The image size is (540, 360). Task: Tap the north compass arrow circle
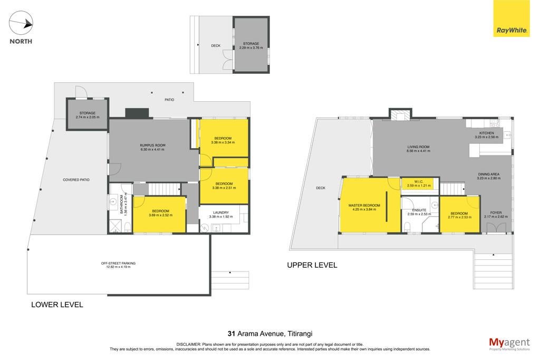(21, 23)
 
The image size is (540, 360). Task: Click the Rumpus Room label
(152, 145)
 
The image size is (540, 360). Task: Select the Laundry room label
(221, 213)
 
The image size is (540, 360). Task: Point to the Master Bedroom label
(364, 206)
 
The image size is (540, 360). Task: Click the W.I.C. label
(419, 181)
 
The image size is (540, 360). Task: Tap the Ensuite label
(419, 210)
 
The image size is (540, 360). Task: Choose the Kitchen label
(487, 133)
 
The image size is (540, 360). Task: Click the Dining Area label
(489, 174)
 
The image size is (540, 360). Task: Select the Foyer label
(496, 213)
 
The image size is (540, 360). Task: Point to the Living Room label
(418, 147)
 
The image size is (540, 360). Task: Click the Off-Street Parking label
(118, 264)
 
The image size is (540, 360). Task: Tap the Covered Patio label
(76, 180)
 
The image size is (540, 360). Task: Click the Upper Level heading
(312, 265)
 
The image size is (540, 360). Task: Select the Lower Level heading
(57, 305)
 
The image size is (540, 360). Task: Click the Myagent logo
(509, 344)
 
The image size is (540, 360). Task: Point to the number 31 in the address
(231, 334)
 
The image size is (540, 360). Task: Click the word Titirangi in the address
(300, 334)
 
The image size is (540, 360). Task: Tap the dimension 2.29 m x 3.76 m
(251, 48)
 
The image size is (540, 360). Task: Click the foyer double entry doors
(496, 228)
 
